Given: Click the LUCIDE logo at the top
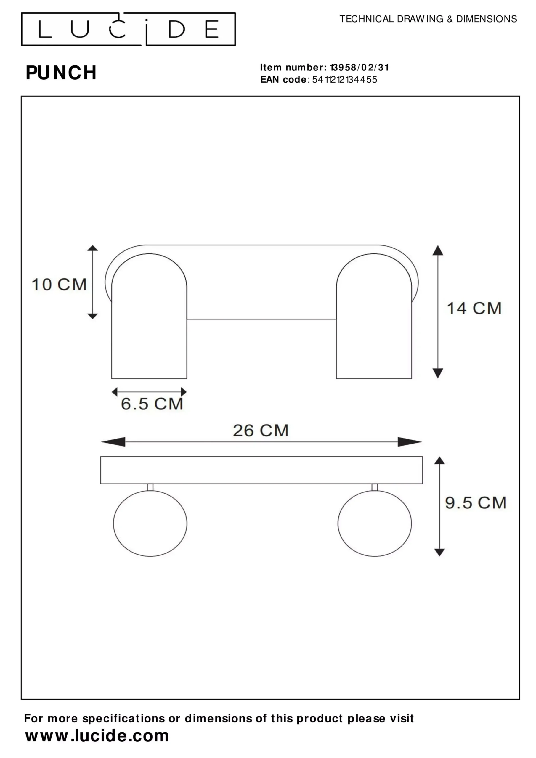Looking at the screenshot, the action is (128, 29).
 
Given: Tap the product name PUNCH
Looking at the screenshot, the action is (61, 73).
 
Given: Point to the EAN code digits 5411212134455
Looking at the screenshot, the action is (344, 80).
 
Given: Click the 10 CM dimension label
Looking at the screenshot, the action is (59, 285).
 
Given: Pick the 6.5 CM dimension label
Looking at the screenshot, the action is (152, 404).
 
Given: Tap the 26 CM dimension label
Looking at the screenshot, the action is (261, 431).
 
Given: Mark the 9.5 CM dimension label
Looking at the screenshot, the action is (476, 503).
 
